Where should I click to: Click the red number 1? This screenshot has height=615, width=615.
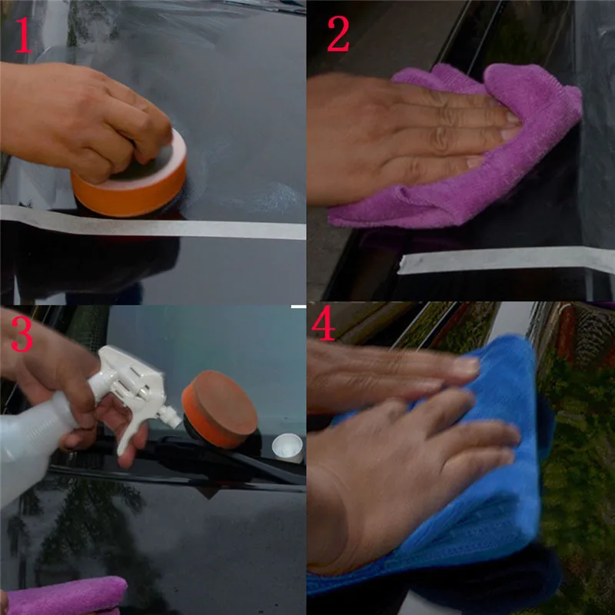pyautogui.click(x=24, y=36)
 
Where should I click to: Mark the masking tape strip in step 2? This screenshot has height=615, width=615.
pyautogui.click(x=500, y=260)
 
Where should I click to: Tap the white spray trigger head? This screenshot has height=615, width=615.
pyautogui.click(x=135, y=384)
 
